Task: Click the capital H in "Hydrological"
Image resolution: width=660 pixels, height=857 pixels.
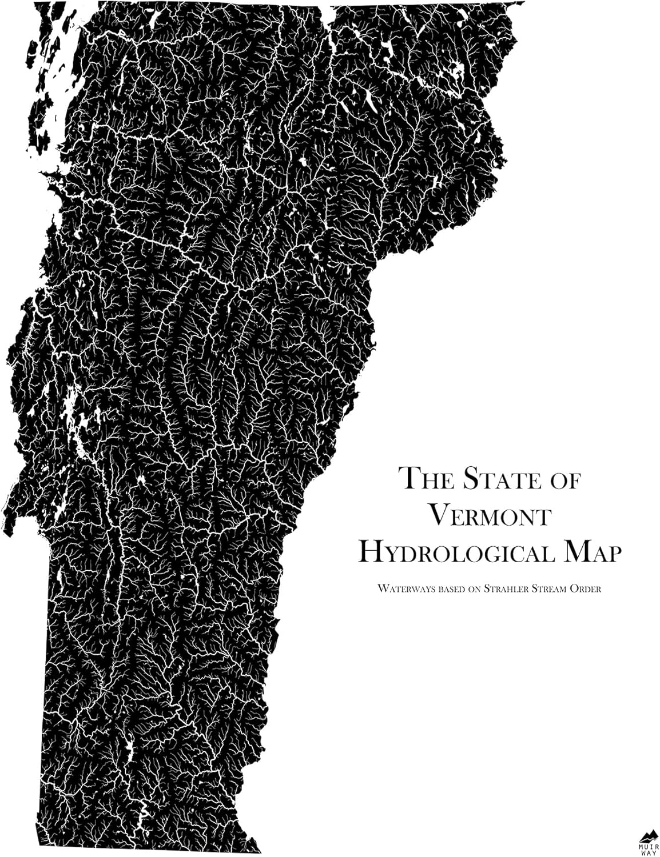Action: coord(371,551)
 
